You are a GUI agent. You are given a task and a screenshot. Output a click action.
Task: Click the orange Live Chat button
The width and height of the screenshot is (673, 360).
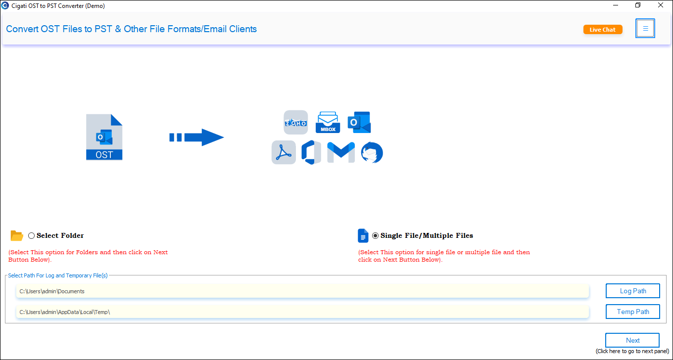(602, 30)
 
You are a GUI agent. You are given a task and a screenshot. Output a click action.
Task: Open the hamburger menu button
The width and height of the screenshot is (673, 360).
(645, 28)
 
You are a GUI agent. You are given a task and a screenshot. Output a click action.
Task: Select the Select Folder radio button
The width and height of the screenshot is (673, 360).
(31, 236)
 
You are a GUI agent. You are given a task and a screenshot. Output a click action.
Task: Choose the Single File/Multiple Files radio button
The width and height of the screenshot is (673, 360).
(375, 236)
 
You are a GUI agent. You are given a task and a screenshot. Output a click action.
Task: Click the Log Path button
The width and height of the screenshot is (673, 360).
(633, 291)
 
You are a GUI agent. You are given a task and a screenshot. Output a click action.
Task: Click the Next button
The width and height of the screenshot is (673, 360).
(632, 340)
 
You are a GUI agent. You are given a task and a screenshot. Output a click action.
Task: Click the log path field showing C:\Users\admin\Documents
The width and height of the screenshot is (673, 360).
(302, 291)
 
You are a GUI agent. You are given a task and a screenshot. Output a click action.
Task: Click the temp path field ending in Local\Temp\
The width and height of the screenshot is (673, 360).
(302, 312)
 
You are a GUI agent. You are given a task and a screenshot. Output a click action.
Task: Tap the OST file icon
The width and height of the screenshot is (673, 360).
(104, 137)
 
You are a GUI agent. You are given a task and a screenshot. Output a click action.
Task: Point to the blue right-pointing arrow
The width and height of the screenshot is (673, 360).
(196, 137)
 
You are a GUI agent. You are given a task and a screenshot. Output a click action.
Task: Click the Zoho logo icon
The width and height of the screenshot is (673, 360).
(295, 122)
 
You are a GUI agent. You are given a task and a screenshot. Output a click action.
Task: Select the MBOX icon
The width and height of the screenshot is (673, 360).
(328, 122)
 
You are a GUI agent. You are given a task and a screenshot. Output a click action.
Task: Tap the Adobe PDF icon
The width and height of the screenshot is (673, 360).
(284, 152)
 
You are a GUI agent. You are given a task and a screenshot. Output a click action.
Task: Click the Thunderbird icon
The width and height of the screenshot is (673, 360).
(372, 152)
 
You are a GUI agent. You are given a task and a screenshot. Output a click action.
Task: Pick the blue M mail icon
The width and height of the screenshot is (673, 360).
(341, 152)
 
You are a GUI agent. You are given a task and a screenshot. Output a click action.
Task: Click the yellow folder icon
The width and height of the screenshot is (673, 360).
(17, 236)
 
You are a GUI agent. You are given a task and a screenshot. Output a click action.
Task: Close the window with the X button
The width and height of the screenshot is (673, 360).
(660, 5)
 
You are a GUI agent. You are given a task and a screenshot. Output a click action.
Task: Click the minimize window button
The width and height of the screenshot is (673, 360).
(616, 5)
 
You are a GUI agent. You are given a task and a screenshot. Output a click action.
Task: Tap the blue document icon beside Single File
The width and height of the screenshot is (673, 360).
(363, 236)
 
